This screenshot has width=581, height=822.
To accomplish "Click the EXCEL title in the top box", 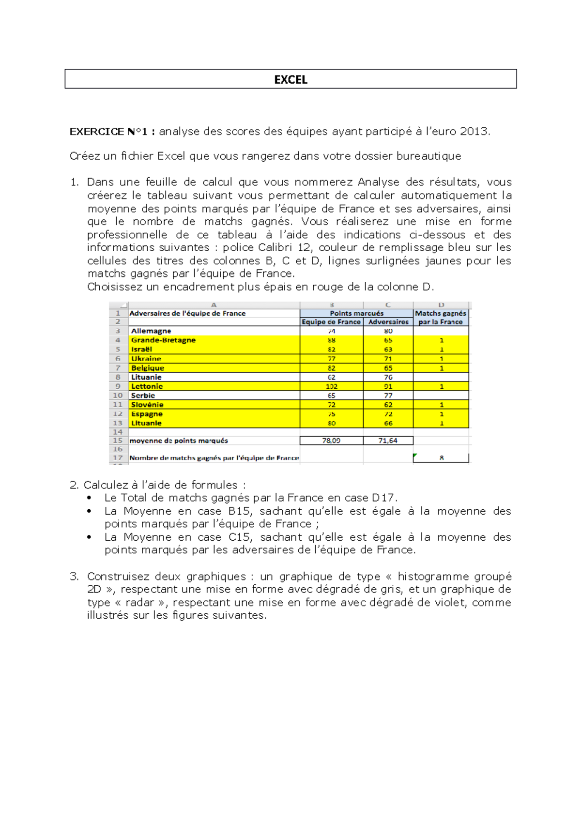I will (x=290, y=79).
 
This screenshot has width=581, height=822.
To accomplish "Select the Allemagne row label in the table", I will (x=151, y=331).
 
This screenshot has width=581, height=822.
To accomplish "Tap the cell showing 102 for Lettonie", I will (x=332, y=386).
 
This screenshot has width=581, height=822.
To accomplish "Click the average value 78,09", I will (x=331, y=441).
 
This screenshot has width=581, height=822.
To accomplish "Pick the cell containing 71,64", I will (x=388, y=441).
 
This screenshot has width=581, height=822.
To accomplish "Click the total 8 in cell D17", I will (x=441, y=457).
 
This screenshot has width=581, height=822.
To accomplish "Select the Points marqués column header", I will (x=356, y=313).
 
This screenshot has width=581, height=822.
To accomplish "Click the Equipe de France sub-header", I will (x=331, y=322).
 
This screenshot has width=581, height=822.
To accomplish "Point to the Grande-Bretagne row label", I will (x=163, y=340).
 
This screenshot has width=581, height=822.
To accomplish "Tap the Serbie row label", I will (x=143, y=396).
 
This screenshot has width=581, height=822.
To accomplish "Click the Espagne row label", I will (x=147, y=414).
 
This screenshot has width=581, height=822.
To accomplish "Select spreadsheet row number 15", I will (x=118, y=441).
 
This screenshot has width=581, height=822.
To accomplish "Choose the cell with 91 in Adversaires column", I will (x=388, y=386).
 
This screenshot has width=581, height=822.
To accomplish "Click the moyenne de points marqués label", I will (x=178, y=441).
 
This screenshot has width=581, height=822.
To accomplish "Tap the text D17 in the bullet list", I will (x=383, y=498).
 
